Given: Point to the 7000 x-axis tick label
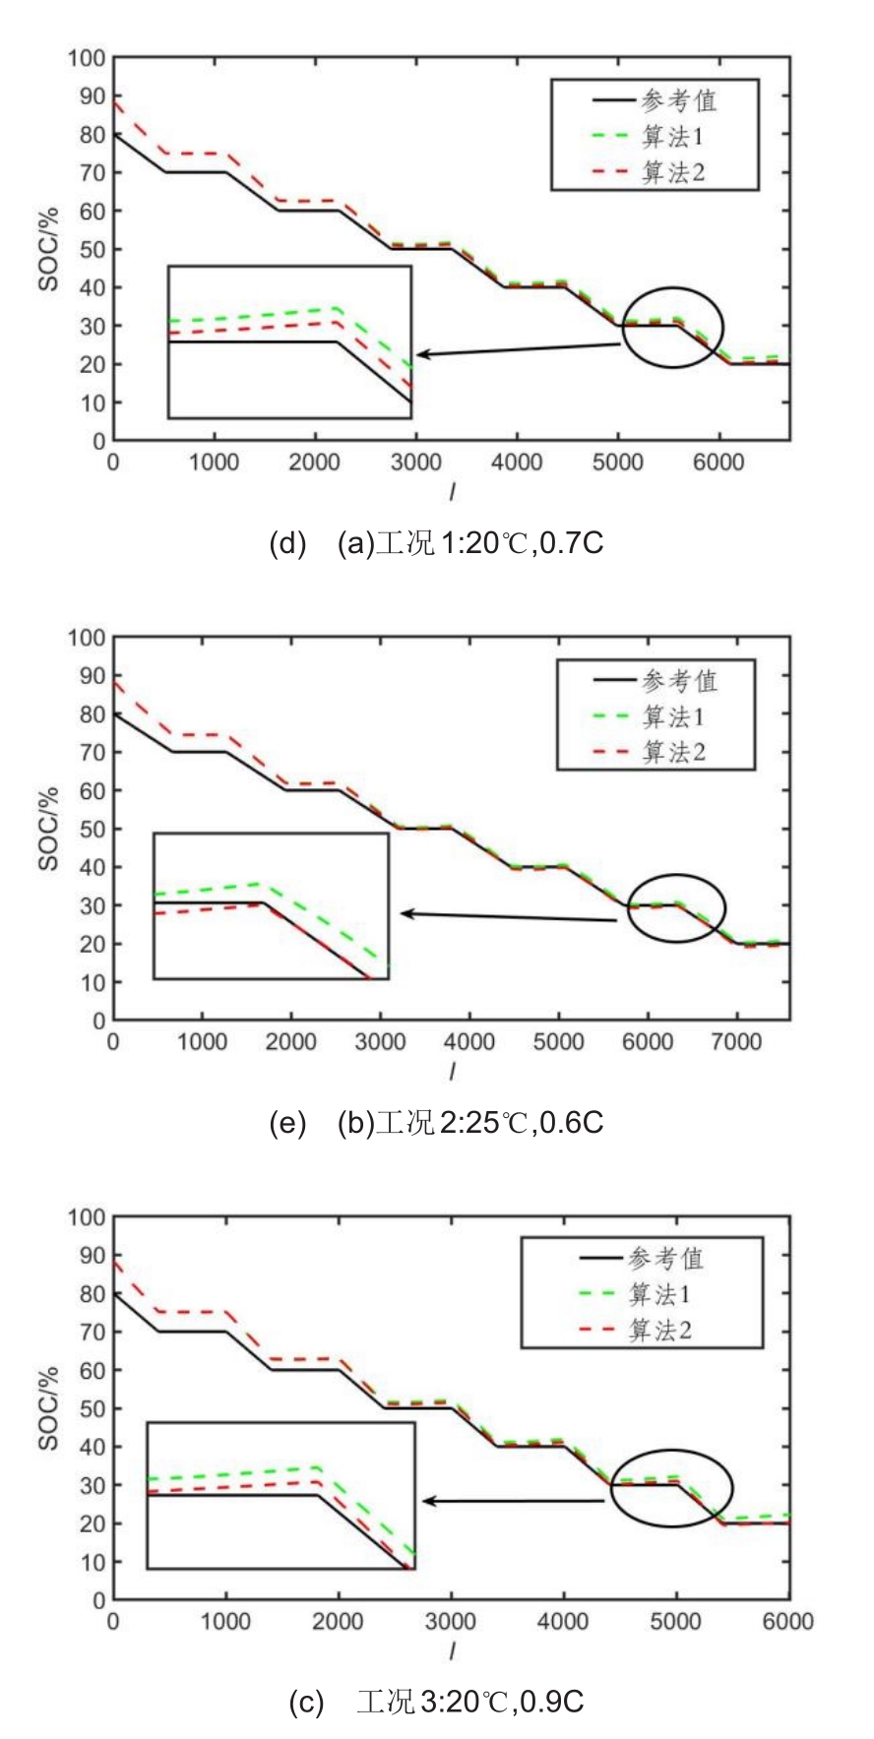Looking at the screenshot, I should (736, 1041).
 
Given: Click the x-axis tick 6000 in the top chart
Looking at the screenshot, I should (718, 463).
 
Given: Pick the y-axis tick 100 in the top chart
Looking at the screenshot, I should (86, 58).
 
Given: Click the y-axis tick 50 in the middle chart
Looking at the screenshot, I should (92, 829).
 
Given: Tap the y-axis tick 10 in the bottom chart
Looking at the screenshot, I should (92, 1562).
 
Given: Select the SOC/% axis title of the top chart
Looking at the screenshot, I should (48, 249).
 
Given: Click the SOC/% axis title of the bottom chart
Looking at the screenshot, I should (48, 1407).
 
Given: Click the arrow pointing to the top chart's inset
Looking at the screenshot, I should (517, 349).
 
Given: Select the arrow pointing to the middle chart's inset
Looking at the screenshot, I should (507, 917).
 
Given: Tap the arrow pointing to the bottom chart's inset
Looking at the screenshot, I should (512, 1501).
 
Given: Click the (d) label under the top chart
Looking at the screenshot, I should (287, 542).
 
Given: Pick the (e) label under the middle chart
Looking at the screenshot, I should (287, 1122).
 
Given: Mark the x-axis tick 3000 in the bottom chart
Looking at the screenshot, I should (451, 1621).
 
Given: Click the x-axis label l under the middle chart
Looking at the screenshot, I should (452, 1070).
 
